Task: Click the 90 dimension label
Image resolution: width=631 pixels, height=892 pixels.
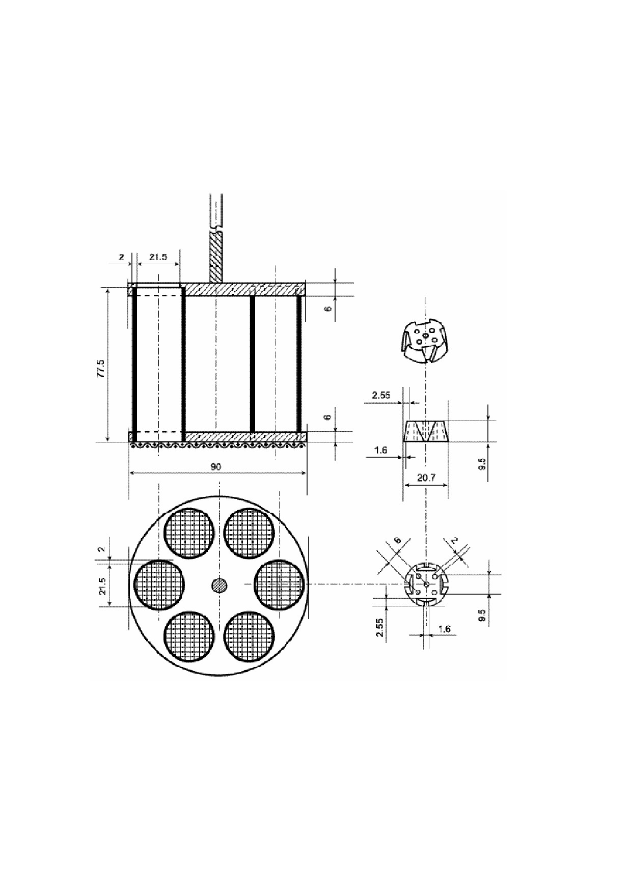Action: [x=216, y=466]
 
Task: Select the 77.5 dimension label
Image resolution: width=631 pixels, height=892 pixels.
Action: [x=101, y=368]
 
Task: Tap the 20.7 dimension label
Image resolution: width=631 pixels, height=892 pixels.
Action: [x=426, y=479]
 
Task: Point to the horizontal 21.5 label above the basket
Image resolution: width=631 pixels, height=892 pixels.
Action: [x=158, y=257]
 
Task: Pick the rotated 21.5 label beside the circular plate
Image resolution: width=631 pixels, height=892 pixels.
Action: [x=102, y=587]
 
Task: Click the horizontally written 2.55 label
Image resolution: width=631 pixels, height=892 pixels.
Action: [x=381, y=395]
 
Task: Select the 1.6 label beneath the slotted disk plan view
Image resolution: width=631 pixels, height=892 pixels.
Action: [x=444, y=629]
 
